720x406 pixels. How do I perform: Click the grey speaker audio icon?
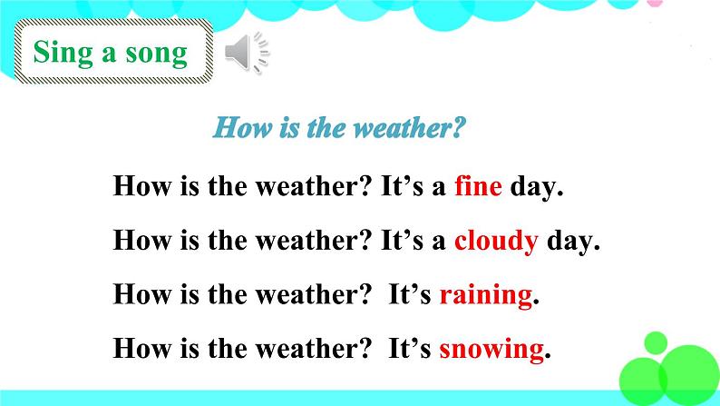tap(247, 53)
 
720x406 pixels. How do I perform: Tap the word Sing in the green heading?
tap(63, 53)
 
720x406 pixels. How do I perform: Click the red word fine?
tap(478, 186)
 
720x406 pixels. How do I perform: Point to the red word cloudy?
tap(496, 241)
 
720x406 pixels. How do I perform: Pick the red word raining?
tap(486, 295)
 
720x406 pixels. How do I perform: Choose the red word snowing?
tap(491, 350)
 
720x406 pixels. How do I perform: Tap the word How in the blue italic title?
tap(242, 127)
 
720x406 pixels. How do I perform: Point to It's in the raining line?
tap(410, 294)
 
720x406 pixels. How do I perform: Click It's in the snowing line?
tap(410, 349)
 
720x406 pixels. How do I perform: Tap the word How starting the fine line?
tap(141, 186)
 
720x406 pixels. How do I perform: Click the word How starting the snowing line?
tap(141, 349)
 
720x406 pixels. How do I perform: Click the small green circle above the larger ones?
tap(656, 343)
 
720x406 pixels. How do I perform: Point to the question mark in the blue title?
tap(458, 127)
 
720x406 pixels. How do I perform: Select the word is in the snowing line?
tap(190, 349)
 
